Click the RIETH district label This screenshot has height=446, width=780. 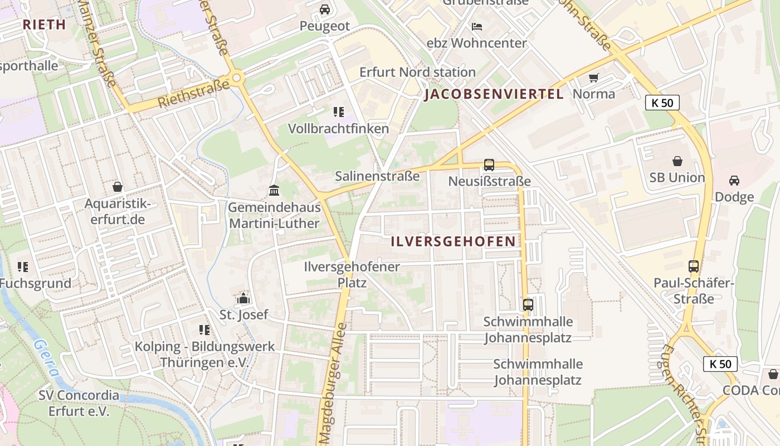point(45,25)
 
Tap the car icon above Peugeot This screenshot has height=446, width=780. point(325,9)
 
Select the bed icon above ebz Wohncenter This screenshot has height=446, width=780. point(476,26)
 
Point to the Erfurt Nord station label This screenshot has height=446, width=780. point(417,72)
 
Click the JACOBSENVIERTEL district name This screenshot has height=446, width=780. point(494,94)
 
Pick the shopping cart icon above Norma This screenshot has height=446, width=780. point(594,77)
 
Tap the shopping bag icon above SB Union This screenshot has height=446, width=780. point(677,161)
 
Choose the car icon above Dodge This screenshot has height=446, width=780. point(734,181)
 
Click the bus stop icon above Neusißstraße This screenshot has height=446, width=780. point(489,164)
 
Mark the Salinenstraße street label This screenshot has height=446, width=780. point(377,176)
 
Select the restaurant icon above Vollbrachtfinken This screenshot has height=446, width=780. point(338,112)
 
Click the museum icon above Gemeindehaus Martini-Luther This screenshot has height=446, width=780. point(274,191)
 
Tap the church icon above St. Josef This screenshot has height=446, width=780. point(243,299)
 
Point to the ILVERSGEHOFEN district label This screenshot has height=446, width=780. point(453,241)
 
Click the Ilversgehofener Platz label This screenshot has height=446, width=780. point(352,274)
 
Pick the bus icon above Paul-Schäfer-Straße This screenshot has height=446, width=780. point(694,266)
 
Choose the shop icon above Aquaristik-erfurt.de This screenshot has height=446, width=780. point(118,187)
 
